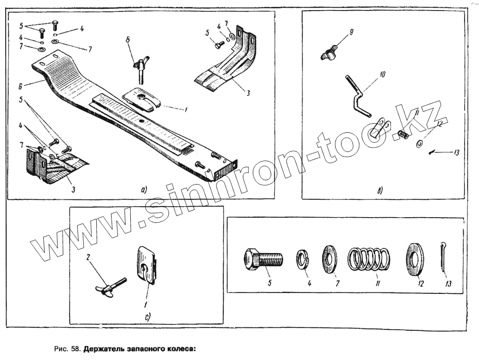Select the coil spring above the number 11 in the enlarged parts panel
point(368,259)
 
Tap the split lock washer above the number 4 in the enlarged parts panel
point(304,259)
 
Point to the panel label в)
point(379,192)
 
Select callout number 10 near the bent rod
point(382,75)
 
